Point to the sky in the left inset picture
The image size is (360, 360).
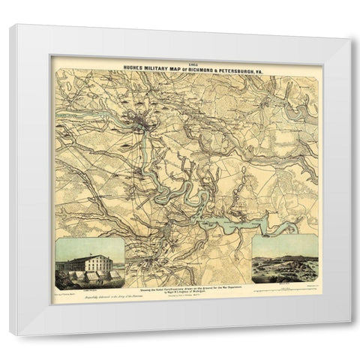[90, 244]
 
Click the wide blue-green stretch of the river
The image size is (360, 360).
[232, 224]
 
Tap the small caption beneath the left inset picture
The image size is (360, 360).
[89, 287]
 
